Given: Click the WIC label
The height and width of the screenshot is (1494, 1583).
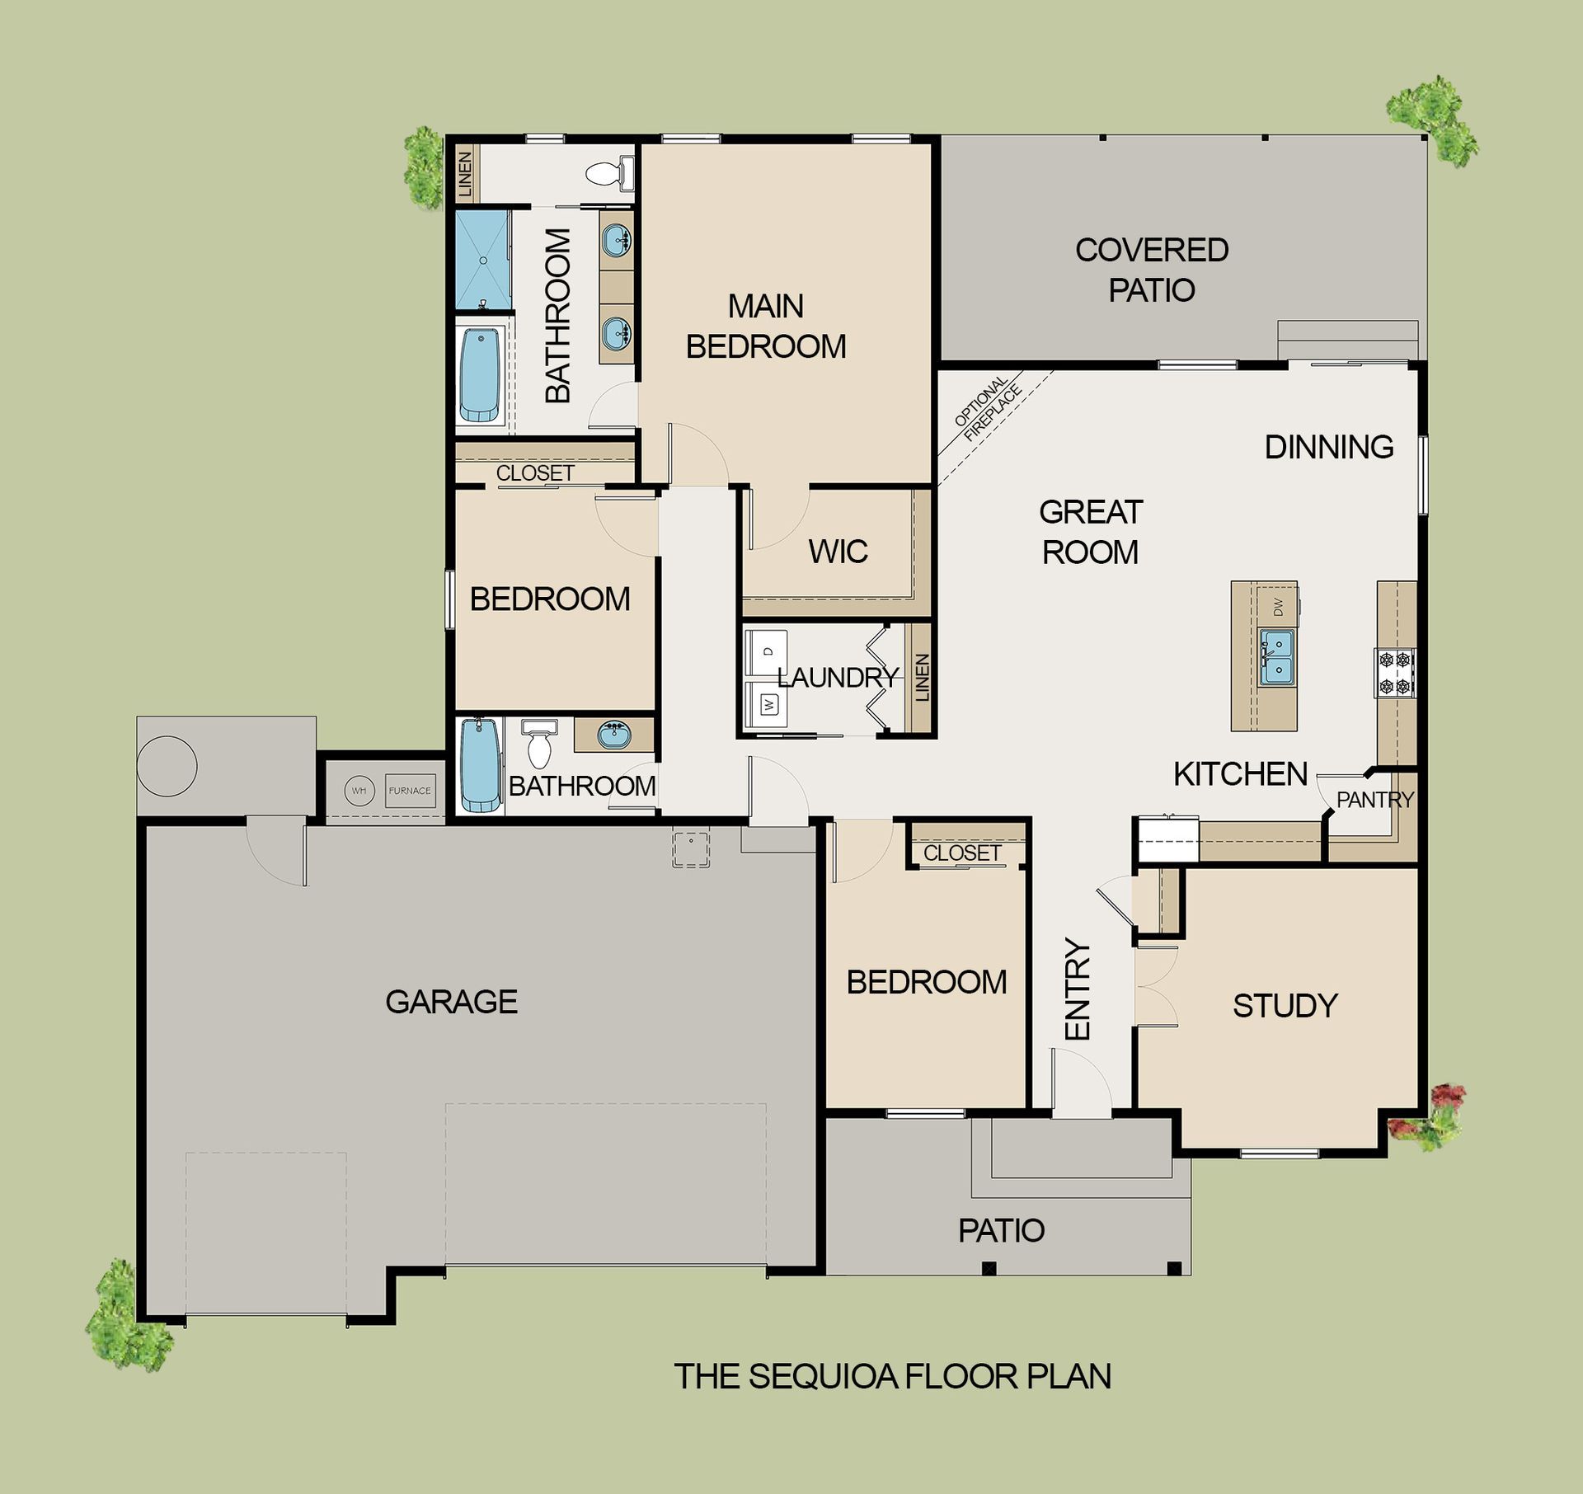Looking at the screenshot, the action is pyautogui.click(x=838, y=552).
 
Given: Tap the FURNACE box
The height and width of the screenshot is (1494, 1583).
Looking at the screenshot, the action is pyautogui.click(x=410, y=790).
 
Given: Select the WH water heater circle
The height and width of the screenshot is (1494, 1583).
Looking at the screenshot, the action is pyautogui.click(x=359, y=790).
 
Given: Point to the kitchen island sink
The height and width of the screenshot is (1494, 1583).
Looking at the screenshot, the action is pyautogui.click(x=1276, y=657).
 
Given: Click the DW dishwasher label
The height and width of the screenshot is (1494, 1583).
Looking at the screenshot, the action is pyautogui.click(x=1278, y=608).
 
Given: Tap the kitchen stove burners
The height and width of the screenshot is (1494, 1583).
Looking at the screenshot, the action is pyautogui.click(x=1394, y=673).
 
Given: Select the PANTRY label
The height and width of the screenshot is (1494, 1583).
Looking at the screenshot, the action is pyautogui.click(x=1374, y=799).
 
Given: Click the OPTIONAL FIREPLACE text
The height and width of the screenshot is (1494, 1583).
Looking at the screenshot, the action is pyautogui.click(x=988, y=409).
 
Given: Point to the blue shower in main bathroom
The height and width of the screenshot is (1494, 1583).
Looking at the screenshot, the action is pyautogui.click(x=482, y=260).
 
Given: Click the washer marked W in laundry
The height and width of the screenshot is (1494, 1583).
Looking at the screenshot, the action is pyautogui.click(x=766, y=705).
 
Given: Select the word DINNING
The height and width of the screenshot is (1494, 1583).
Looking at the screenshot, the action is pyautogui.click(x=1329, y=447).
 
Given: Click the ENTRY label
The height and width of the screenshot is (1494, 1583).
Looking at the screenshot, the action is pyautogui.click(x=1078, y=989).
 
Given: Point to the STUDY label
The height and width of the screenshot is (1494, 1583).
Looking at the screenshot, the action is pyautogui.click(x=1285, y=1005).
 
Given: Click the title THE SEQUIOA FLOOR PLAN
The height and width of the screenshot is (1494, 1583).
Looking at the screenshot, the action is pyautogui.click(x=893, y=1375).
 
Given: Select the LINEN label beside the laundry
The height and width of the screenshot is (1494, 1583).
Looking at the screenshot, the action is pyautogui.click(x=923, y=678).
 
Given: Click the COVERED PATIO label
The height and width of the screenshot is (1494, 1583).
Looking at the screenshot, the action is pyautogui.click(x=1152, y=270).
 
